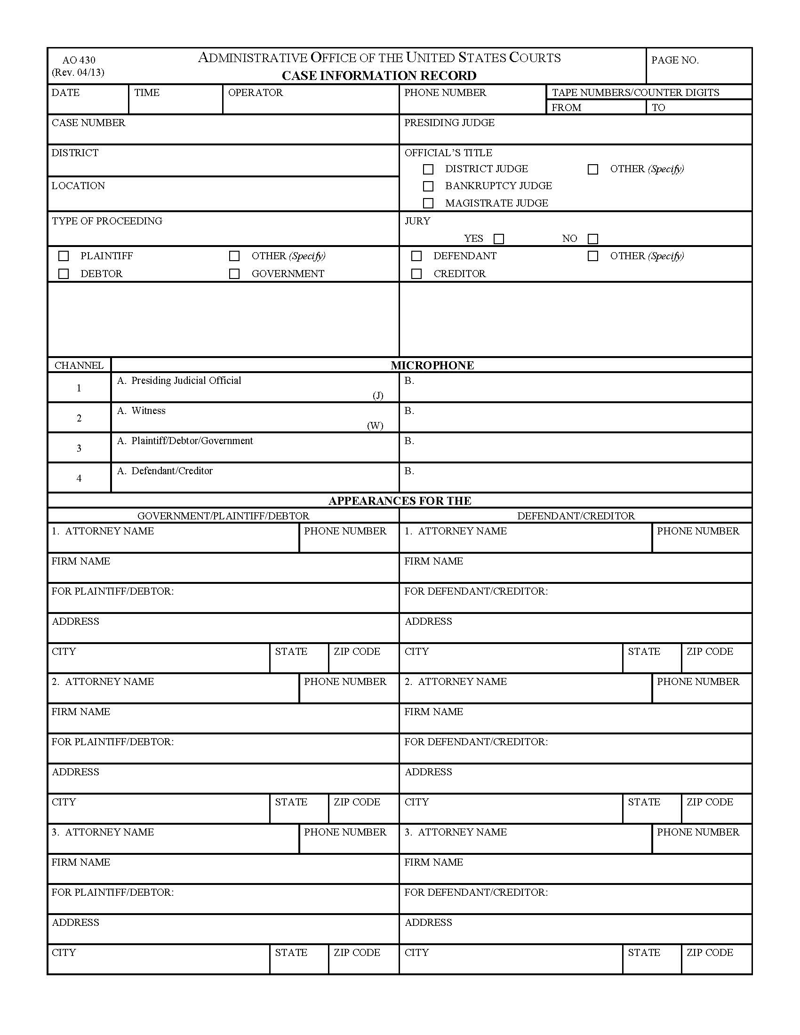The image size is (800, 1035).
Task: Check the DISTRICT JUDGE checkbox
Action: click(x=428, y=169)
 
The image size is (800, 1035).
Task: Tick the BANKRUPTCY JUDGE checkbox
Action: click(x=428, y=186)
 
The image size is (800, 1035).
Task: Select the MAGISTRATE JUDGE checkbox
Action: click(x=428, y=203)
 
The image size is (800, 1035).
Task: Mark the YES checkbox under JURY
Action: click(x=498, y=239)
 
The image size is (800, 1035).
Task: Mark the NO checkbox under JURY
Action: click(x=592, y=239)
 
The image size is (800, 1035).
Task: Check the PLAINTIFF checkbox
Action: click(x=64, y=256)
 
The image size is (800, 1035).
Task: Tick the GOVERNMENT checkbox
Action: click(x=234, y=274)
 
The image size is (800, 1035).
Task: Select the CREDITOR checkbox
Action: click(x=416, y=274)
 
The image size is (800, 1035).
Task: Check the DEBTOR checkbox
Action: click(x=64, y=274)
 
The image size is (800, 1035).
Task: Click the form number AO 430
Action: click(x=79, y=60)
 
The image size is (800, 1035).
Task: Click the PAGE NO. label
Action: click(x=674, y=60)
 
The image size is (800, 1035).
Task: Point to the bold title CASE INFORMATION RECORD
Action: click(x=379, y=76)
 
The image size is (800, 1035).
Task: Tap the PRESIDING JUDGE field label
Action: click(x=449, y=123)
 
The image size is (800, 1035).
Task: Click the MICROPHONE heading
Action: click(x=432, y=366)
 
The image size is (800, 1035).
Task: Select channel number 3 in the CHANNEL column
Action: click(x=79, y=448)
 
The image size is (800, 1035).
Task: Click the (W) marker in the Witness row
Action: click(x=375, y=426)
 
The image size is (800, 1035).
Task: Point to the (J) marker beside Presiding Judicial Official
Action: click(x=378, y=395)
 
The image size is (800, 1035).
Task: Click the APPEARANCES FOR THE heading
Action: click(x=400, y=501)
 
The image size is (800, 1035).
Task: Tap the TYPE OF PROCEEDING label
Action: click(x=107, y=221)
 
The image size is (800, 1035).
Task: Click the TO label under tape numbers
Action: click(x=658, y=108)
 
